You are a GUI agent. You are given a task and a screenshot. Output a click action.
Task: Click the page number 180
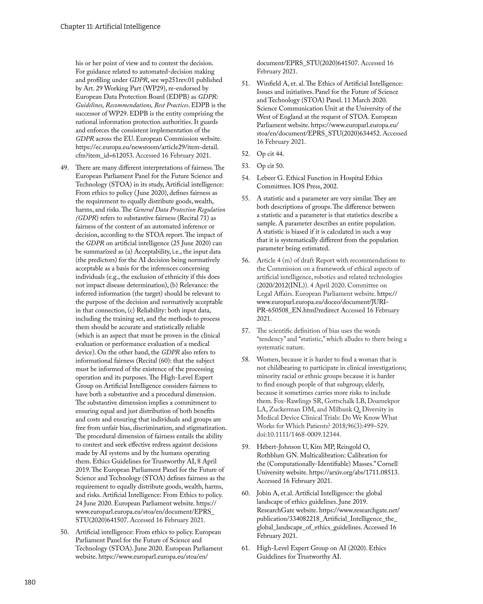coord(30,582)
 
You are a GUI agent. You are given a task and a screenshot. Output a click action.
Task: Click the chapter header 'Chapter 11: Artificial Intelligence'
coord(110,27)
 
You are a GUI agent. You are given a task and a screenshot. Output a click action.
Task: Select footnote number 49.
coord(64,167)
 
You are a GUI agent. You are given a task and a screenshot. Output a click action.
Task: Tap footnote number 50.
coord(64,532)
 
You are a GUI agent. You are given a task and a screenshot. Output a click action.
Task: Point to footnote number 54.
coord(246,178)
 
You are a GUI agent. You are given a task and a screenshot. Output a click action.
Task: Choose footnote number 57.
coord(246,331)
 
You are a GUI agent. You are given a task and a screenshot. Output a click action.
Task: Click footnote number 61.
coord(246,548)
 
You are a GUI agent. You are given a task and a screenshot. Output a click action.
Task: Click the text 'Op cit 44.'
coord(270,154)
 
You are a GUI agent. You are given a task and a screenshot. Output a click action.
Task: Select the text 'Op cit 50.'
coord(270,166)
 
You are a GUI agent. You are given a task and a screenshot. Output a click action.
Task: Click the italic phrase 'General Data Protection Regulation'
coord(179,209)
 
